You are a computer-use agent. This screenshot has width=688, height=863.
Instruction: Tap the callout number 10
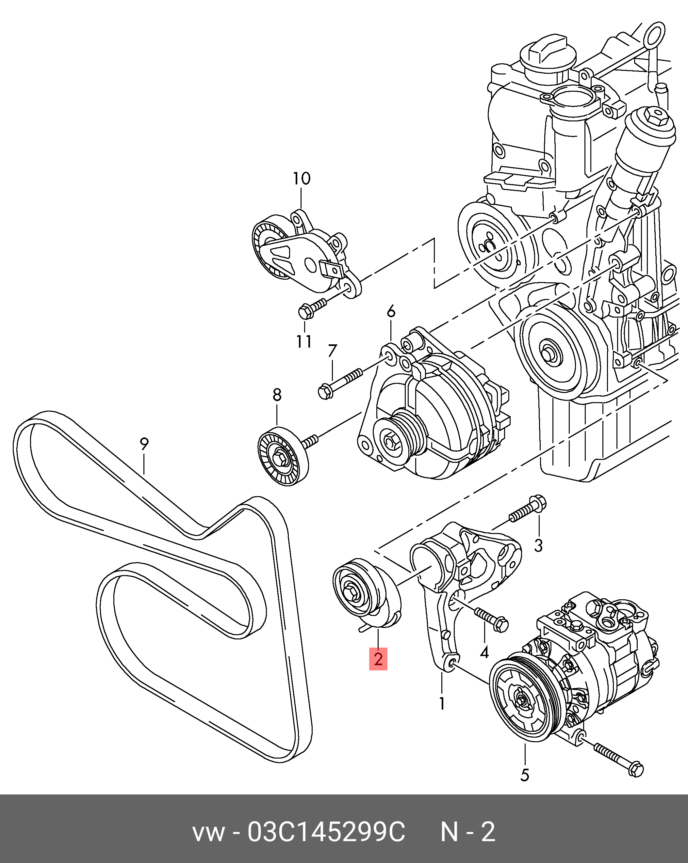pyautogui.click(x=301, y=179)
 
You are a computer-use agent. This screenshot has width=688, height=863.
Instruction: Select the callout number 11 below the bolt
pyautogui.click(x=304, y=341)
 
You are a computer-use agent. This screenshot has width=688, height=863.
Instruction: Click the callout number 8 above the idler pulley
pyautogui.click(x=277, y=395)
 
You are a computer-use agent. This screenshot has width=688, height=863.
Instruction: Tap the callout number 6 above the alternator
pyautogui.click(x=391, y=311)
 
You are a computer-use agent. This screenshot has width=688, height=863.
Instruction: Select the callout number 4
pyautogui.click(x=484, y=652)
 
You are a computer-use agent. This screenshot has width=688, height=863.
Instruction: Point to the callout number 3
pyautogui.click(x=538, y=545)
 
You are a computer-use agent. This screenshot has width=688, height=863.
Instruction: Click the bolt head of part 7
pyautogui.click(x=325, y=391)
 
